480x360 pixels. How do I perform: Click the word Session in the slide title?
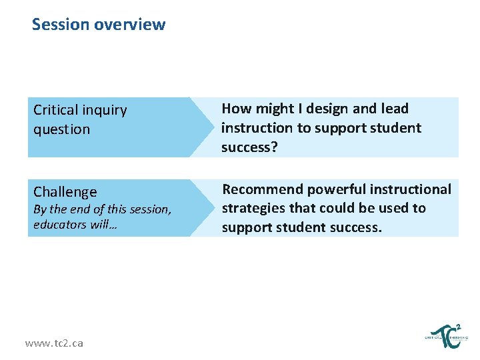(61, 25)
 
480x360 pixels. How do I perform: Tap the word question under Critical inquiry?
(61, 129)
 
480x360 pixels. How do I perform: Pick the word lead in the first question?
(393, 109)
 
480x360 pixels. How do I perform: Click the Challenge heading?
(65, 192)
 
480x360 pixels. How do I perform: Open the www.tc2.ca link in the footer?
(54, 343)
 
